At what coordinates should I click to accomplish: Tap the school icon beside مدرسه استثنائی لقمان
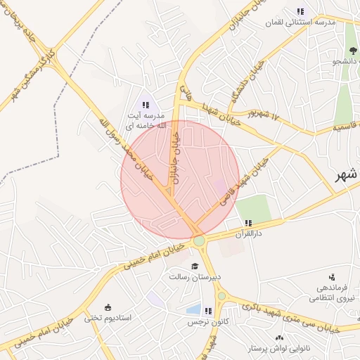point(302,11)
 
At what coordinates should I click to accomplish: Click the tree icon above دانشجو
point(352,50)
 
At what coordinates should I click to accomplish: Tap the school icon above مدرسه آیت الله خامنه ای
point(146,104)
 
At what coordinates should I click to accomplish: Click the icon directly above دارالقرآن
point(247,223)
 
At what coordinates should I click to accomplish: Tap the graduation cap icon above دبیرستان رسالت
point(195,266)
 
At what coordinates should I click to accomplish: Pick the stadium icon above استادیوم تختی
point(107,307)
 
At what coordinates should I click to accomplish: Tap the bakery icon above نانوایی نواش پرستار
point(280,338)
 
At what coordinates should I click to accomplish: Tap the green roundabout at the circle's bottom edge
point(200,240)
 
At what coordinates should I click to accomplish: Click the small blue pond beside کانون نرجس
point(193,309)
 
